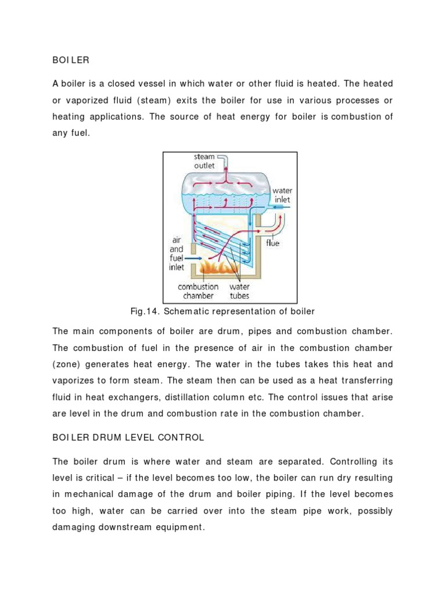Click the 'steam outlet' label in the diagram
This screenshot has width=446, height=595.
click(x=204, y=161)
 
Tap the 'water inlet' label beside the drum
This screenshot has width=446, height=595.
click(x=283, y=195)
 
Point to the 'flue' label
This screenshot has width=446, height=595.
click(x=272, y=243)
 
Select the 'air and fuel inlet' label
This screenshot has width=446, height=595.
click(x=177, y=253)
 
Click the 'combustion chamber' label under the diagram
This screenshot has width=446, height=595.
click(x=198, y=291)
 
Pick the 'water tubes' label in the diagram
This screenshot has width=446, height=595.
click(x=239, y=291)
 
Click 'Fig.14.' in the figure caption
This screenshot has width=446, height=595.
click(x=146, y=311)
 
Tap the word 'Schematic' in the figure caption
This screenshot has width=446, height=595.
click(x=185, y=311)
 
